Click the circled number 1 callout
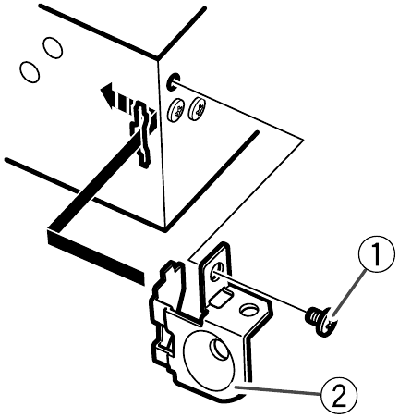click(x=377, y=253)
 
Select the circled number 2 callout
click(x=339, y=394)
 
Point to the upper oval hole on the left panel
click(x=54, y=47)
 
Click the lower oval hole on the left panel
click(x=30, y=71)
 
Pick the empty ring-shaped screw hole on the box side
click(x=174, y=82)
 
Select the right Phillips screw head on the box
click(x=198, y=108)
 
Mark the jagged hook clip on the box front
click(x=141, y=134)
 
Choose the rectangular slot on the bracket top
click(x=221, y=298)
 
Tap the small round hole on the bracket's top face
click(x=248, y=310)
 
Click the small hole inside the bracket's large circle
click(x=218, y=347)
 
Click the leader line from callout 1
click(x=349, y=292)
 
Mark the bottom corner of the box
click(x=166, y=229)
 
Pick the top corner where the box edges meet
click(x=158, y=58)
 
